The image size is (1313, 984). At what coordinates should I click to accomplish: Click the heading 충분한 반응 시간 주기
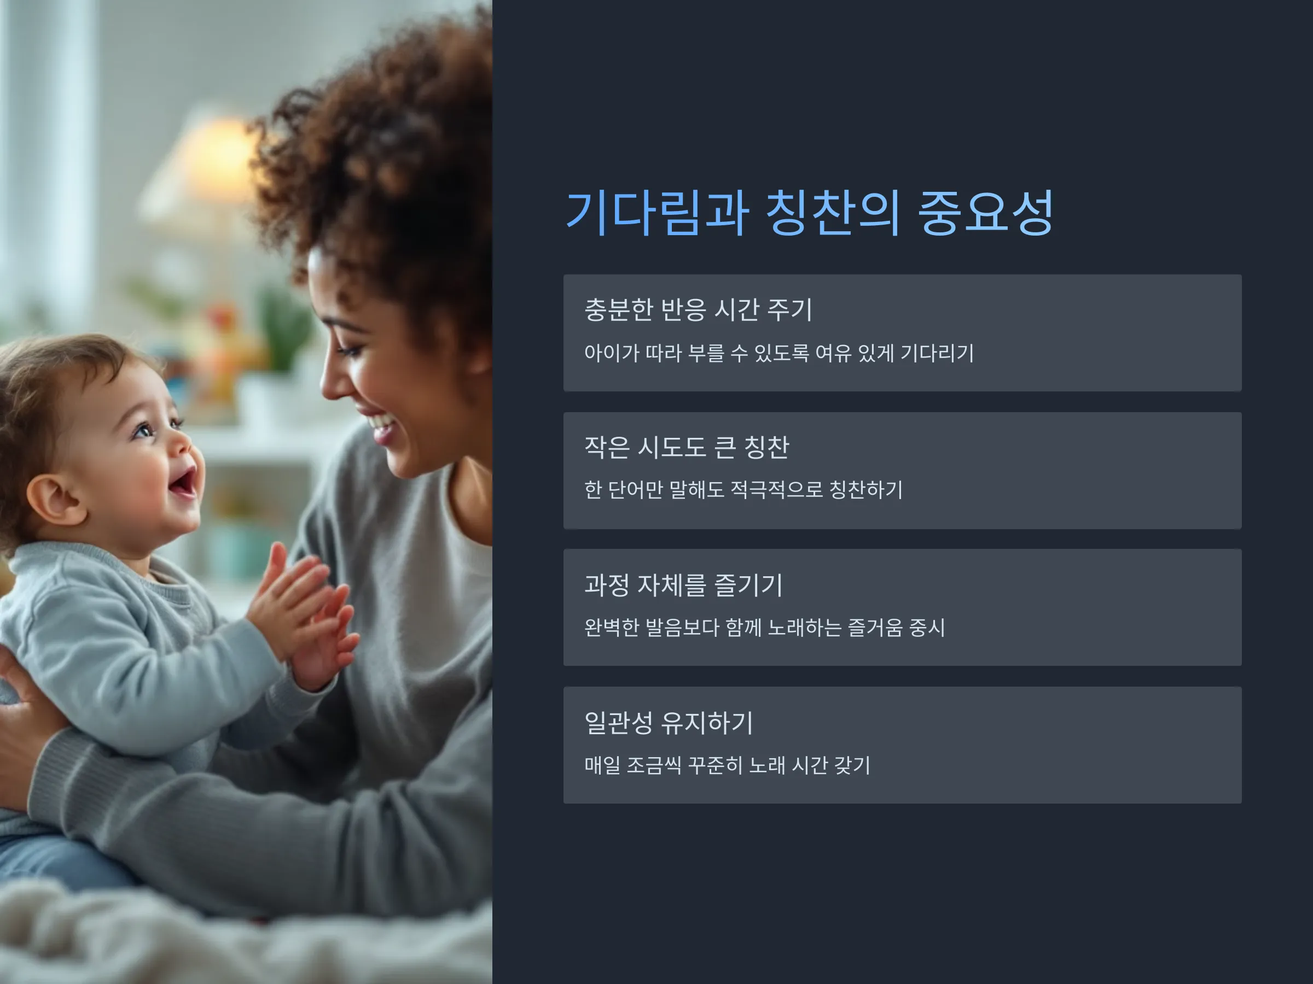[x=698, y=309]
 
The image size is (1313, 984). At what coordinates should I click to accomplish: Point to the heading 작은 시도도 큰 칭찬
[x=687, y=447]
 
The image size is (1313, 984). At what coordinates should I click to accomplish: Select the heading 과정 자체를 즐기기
[x=683, y=585]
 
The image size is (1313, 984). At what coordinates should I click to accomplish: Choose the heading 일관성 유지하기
[x=669, y=723]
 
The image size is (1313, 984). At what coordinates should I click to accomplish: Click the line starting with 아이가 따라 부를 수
[x=779, y=353]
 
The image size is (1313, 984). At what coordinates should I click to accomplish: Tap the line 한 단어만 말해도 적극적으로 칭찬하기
[x=743, y=490]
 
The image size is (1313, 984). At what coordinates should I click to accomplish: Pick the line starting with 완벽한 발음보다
[x=764, y=628]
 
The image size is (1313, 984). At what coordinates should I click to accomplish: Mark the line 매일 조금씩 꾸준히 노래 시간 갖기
[x=727, y=765]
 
